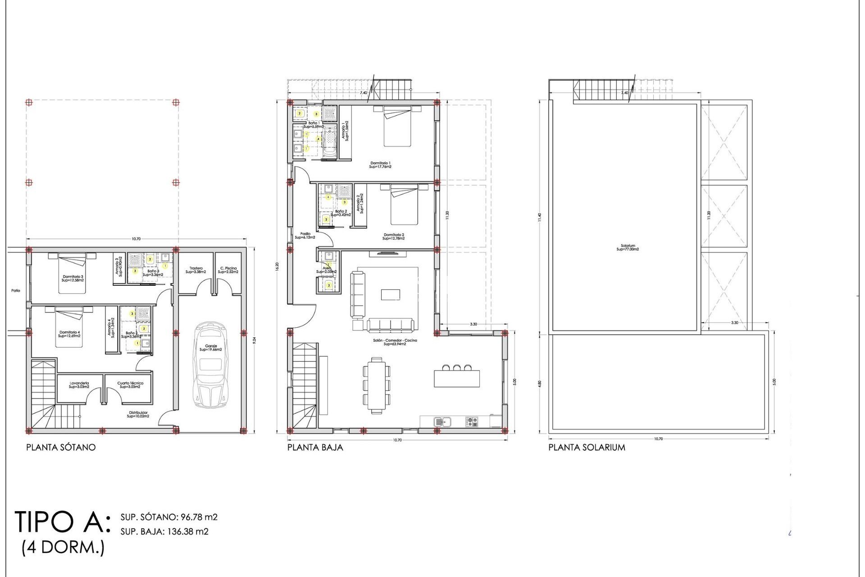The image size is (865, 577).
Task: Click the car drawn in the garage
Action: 211,365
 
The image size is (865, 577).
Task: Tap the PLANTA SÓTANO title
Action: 61,448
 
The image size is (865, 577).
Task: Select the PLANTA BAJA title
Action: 315,448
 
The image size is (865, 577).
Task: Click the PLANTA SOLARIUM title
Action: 587,448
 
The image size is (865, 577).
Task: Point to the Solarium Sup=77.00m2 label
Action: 628,247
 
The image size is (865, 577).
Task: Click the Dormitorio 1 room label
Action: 380,165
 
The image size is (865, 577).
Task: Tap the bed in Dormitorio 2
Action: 404,205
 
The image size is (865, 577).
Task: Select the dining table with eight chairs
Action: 377,385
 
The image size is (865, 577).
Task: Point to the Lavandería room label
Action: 79,385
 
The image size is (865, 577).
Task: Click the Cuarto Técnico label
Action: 130,385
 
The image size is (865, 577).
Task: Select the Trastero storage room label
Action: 196,270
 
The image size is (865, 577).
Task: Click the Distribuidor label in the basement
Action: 138,414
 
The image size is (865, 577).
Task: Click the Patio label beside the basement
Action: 16,291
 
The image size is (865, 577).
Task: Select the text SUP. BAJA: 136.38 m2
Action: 164,531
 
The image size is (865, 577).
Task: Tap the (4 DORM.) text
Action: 63,548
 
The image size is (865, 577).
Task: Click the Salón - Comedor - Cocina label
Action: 395,342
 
